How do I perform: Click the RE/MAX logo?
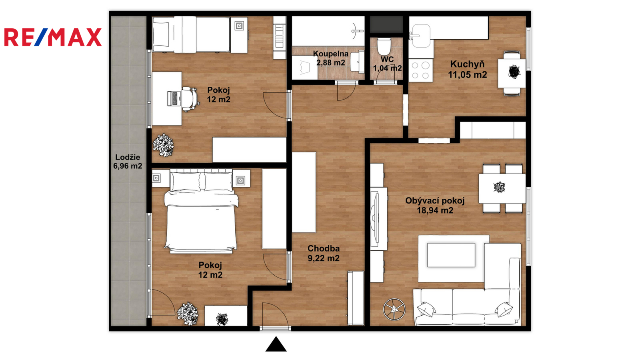[x=53, y=37]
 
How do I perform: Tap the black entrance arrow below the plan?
[x=276, y=344]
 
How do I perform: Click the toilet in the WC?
[x=384, y=46]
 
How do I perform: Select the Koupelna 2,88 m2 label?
[x=330, y=58]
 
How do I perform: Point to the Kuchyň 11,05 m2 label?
[x=468, y=70]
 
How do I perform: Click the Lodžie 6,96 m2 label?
[x=128, y=162]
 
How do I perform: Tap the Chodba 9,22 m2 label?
[x=324, y=253]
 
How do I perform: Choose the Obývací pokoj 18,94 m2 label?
[x=435, y=206]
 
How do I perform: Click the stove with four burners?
[x=420, y=70]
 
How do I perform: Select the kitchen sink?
[x=420, y=36]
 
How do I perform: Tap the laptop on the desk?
[x=174, y=98]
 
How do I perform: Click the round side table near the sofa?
[x=394, y=309]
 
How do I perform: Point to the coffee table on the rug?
[x=451, y=255]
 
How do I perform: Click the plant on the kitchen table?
[x=514, y=72]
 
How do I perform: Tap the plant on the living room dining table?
[x=499, y=187]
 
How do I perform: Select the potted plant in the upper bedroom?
[x=164, y=145]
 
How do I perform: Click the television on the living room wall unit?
[x=374, y=218]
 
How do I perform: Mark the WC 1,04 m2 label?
[x=387, y=64]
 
